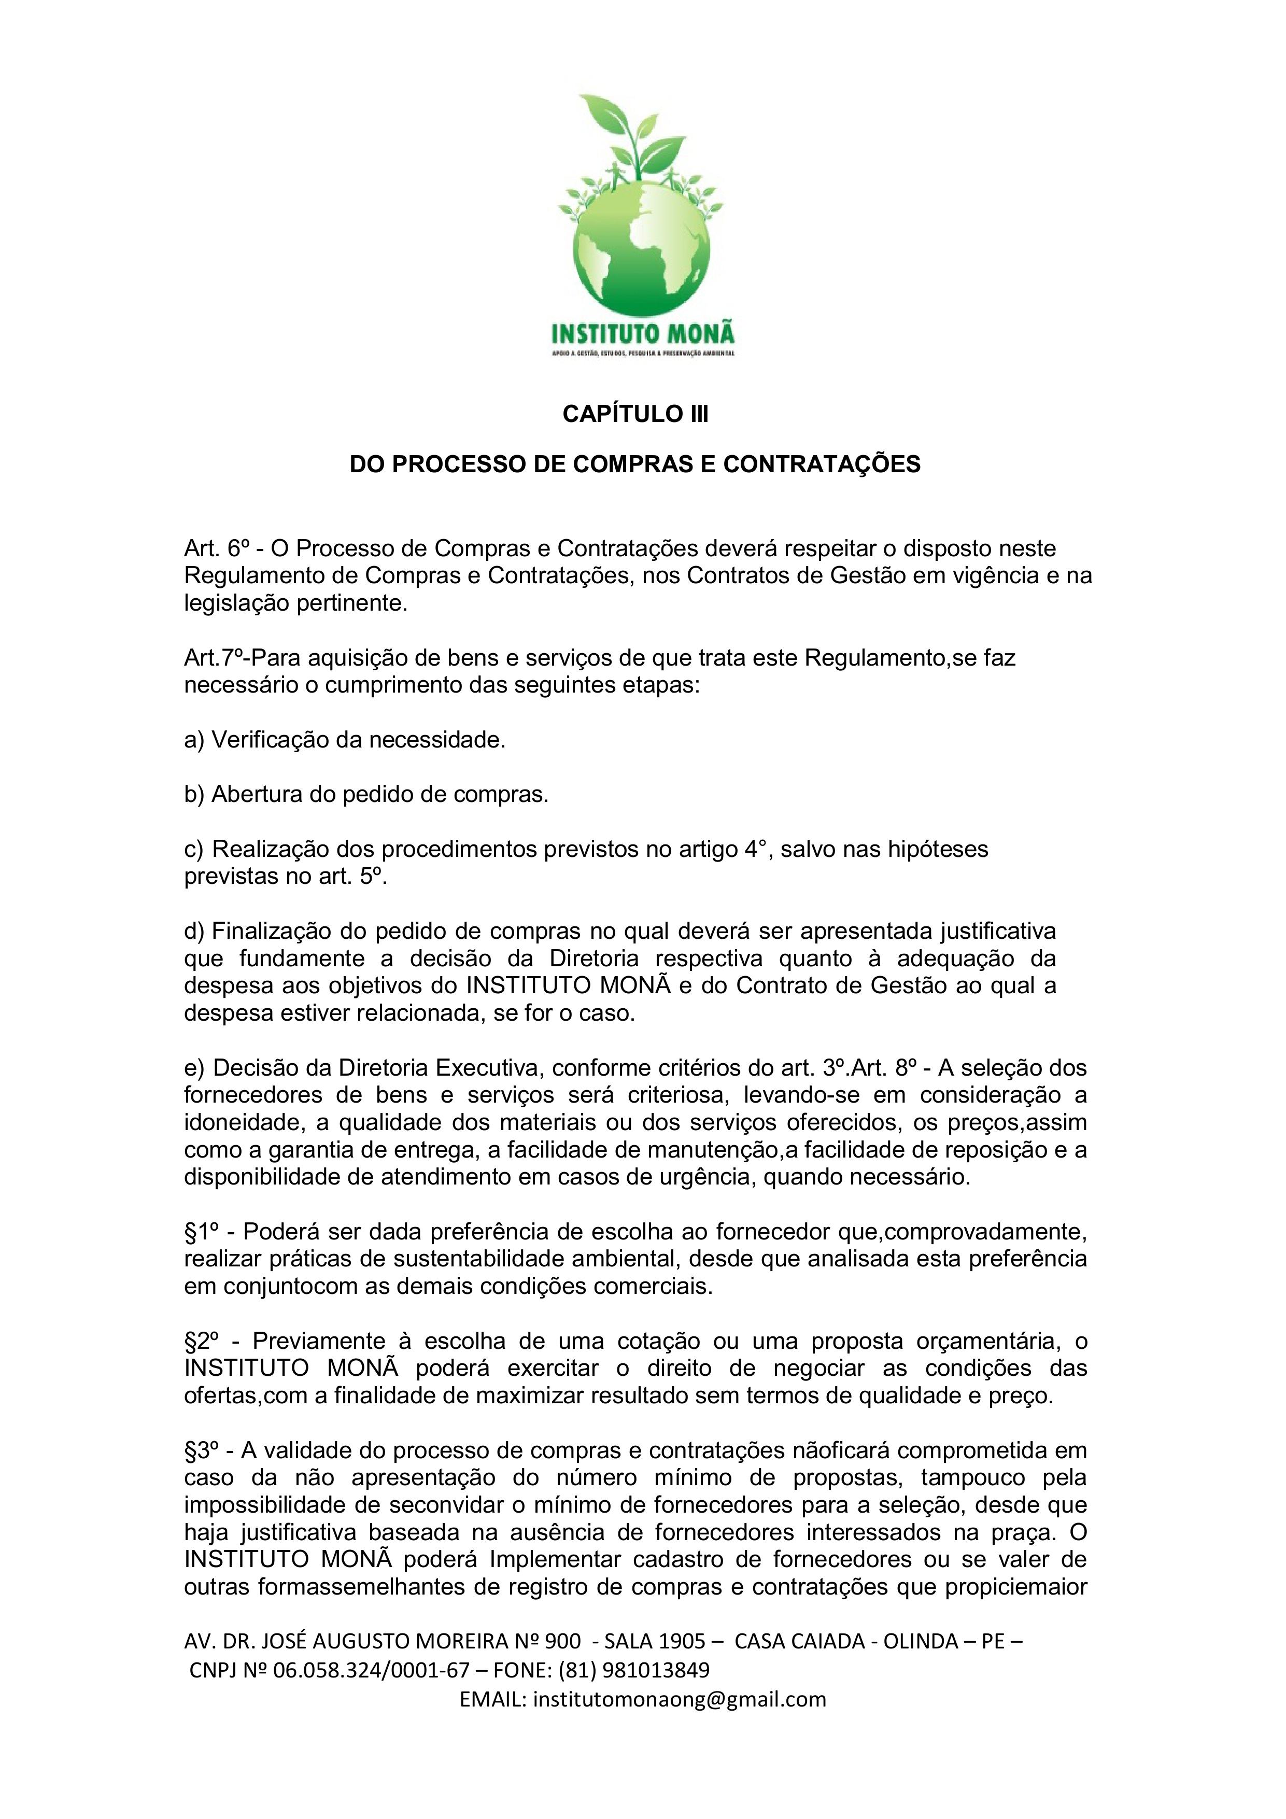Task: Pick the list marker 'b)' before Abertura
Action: point(194,795)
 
